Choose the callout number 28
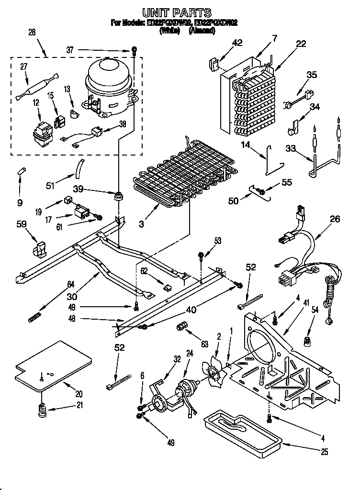tap(32, 32)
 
